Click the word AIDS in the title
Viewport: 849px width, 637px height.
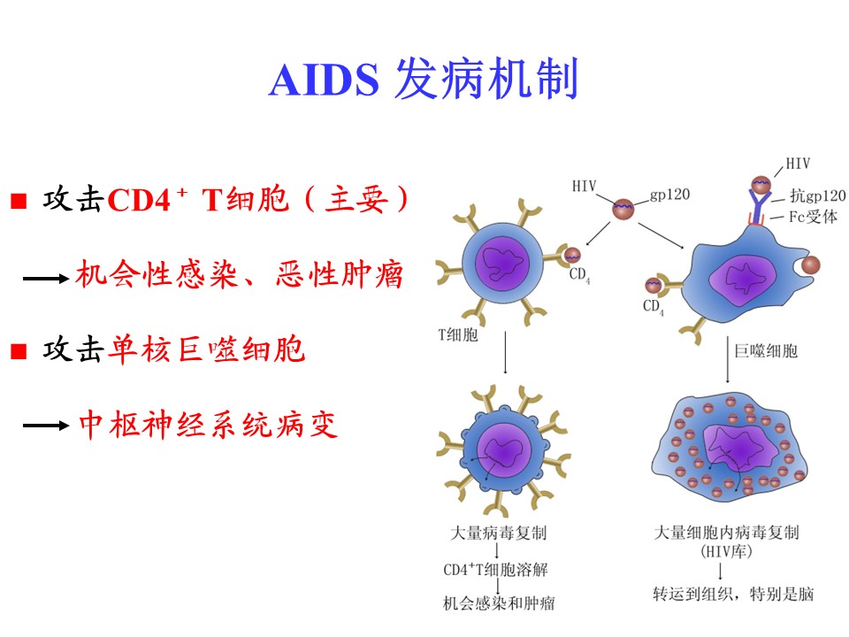tap(324, 81)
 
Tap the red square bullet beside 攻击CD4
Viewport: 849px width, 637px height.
tap(19, 201)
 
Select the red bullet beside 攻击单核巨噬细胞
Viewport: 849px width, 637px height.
tap(19, 351)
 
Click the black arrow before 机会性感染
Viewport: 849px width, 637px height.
tap(45, 279)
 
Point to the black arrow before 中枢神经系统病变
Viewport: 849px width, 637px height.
tap(45, 426)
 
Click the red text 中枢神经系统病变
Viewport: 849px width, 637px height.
tap(209, 424)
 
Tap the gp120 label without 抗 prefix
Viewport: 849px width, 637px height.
tap(669, 195)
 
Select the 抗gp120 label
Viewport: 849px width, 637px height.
tap(817, 195)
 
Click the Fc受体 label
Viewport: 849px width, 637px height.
tap(813, 217)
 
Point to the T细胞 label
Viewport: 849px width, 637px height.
tap(458, 334)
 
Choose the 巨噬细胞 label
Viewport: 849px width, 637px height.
tap(766, 351)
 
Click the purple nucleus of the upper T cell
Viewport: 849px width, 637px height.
tap(502, 264)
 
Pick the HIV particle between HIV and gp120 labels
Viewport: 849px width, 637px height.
tap(623, 209)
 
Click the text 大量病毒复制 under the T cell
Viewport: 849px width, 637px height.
tap(498, 533)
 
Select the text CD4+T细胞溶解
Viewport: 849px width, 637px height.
tap(495, 569)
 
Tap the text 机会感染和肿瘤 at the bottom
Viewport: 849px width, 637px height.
tap(499, 602)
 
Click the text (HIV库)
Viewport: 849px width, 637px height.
tap(726, 552)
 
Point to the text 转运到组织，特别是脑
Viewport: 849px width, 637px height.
tap(733, 594)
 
